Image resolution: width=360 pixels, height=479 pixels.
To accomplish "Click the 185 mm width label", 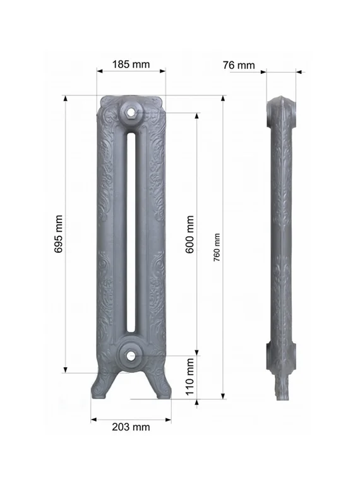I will [x=131, y=64].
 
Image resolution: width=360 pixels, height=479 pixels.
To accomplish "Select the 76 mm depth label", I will [x=239, y=65].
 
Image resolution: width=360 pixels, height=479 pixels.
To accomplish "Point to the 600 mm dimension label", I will [x=190, y=234].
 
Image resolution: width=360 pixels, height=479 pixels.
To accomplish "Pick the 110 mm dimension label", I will [x=190, y=375].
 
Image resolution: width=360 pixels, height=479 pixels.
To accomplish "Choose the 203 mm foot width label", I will [x=131, y=427].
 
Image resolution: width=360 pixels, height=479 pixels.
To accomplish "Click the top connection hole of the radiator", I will [x=131, y=113].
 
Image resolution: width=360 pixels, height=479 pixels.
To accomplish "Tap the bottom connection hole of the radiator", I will [x=131, y=355].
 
